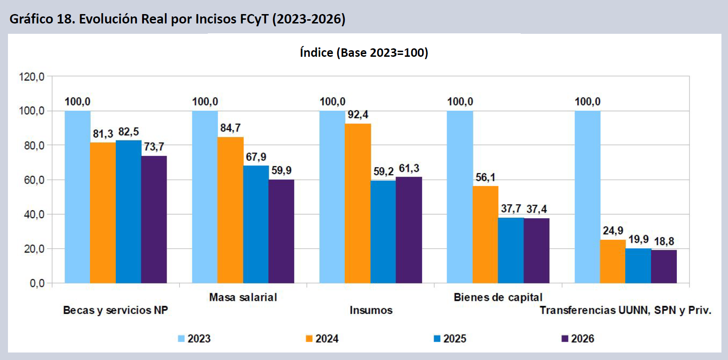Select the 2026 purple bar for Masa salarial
coord(281,231)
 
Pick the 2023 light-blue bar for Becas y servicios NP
coord(77,197)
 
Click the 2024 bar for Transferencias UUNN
coord(613,261)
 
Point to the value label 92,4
coord(358,114)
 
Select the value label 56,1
coord(485,177)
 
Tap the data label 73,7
coord(154,146)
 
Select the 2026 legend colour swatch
coord(565,338)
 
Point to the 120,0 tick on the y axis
coord(31,77)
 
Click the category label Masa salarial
coord(243,297)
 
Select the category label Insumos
coord(371,310)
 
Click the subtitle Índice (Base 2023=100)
coord(364,53)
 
